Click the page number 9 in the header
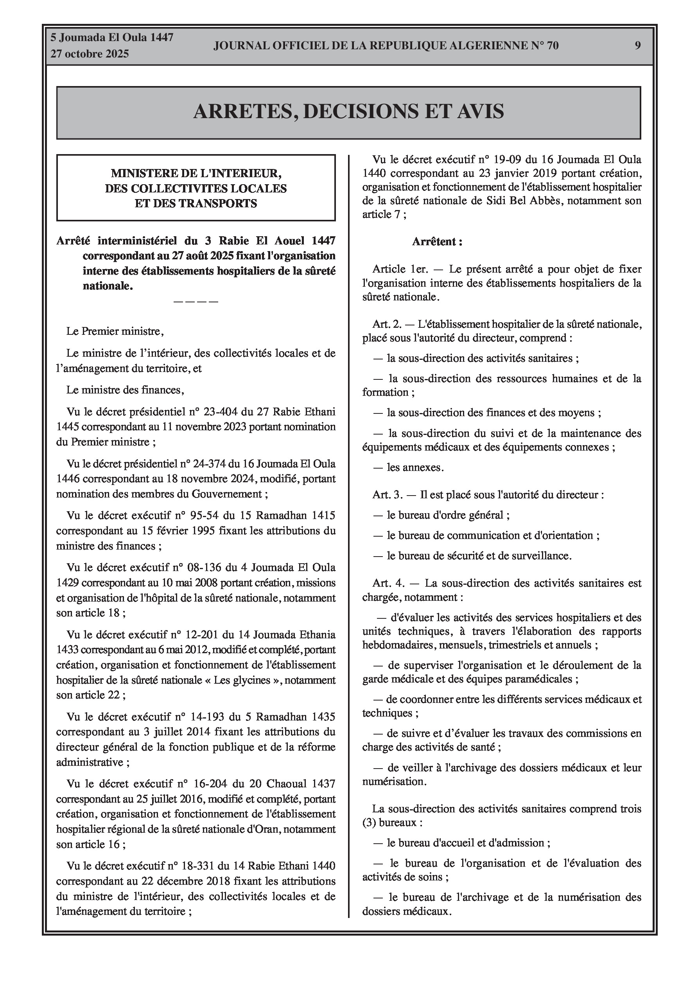click(x=637, y=46)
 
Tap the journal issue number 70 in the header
click(x=553, y=46)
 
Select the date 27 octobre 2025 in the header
click(x=90, y=54)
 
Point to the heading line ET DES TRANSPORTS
click(x=196, y=203)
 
